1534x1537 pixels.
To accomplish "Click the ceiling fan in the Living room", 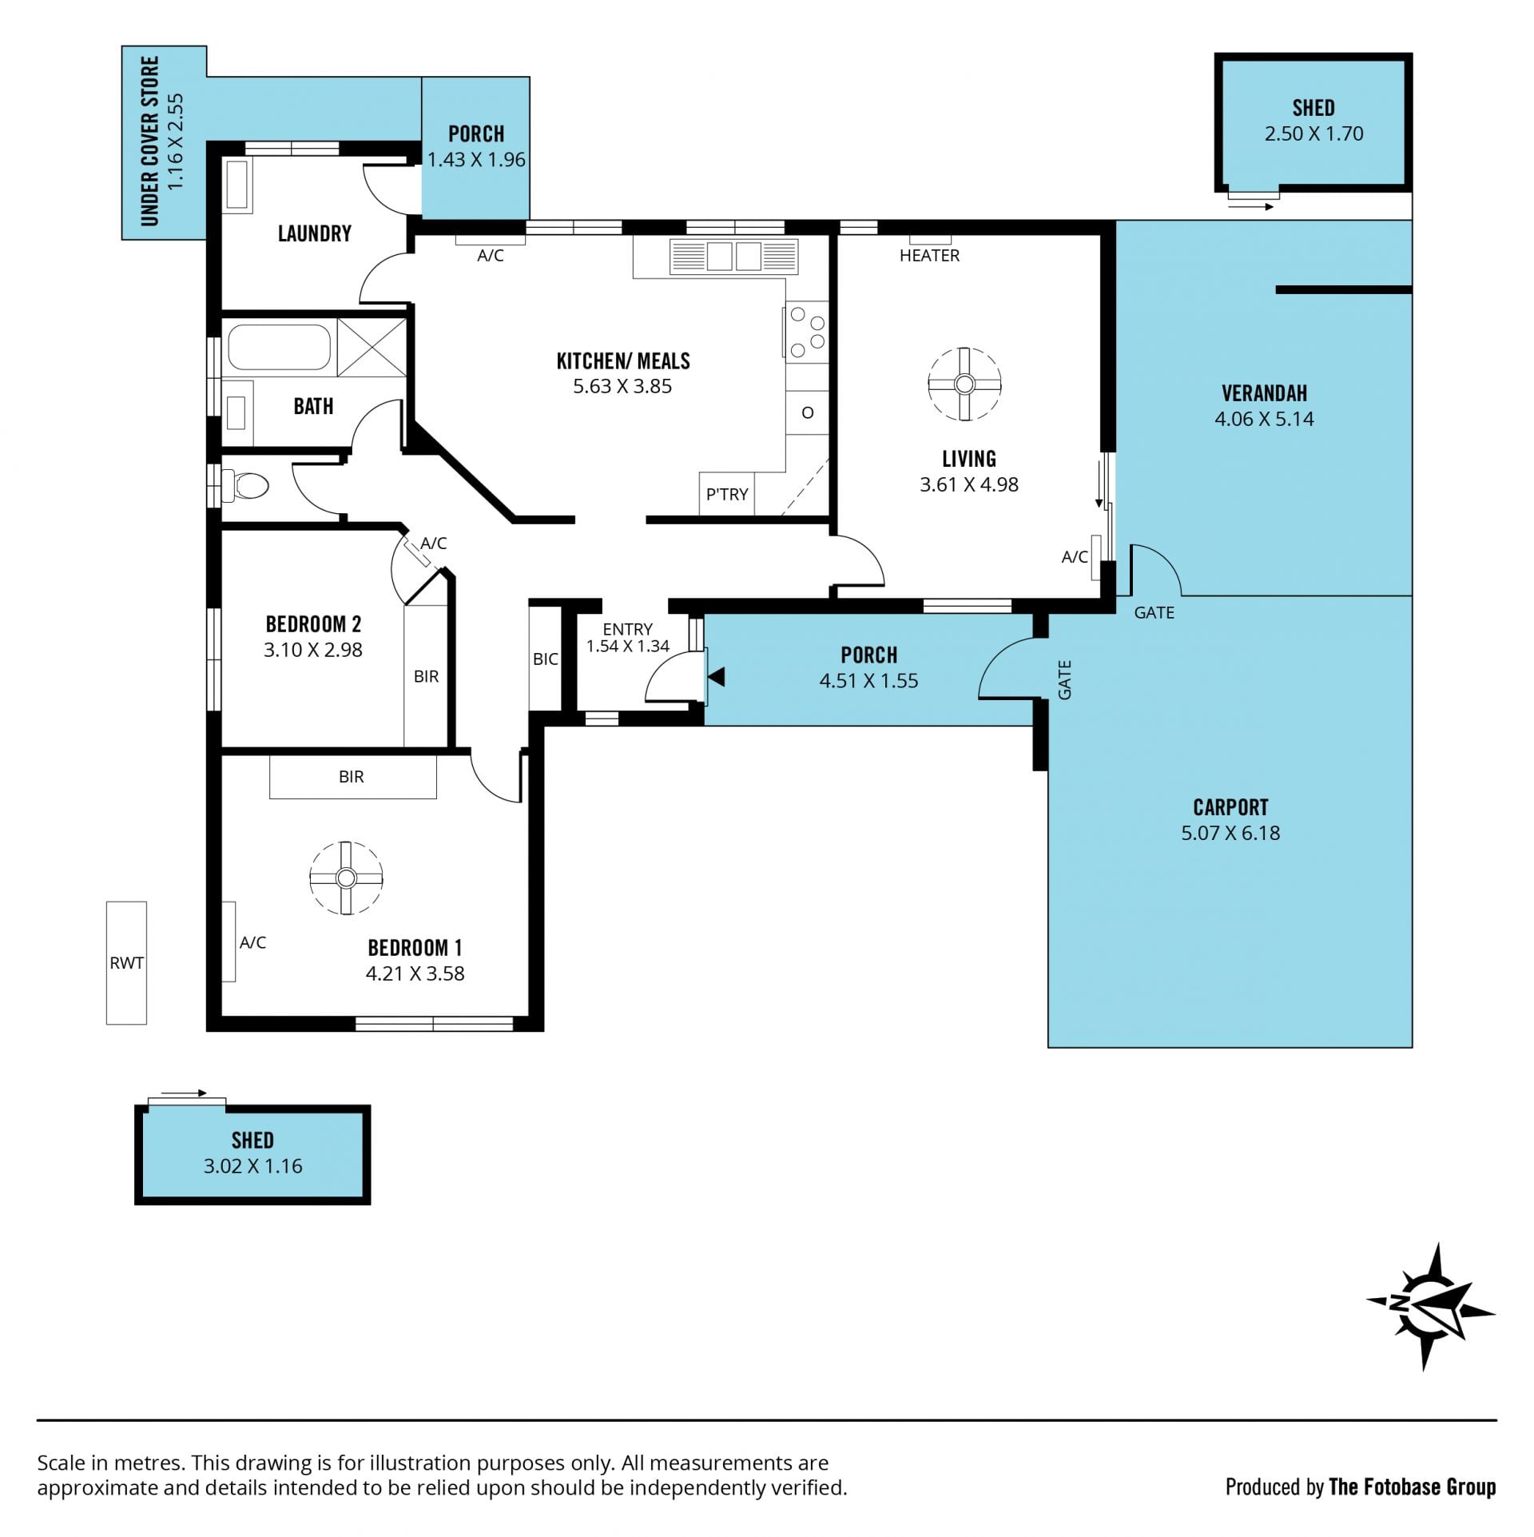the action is (x=964, y=384).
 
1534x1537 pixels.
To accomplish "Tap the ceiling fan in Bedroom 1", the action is (x=346, y=878).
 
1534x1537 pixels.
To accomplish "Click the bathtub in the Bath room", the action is (x=279, y=346).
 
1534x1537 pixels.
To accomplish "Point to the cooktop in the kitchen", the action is (x=806, y=332).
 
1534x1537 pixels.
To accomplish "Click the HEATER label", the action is (x=929, y=256).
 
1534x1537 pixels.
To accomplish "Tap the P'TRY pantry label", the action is (x=727, y=494).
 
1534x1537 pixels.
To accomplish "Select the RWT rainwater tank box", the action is (x=126, y=962).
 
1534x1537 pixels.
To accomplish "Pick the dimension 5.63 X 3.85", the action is (x=622, y=386).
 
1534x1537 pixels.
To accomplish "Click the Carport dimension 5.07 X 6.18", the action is (x=1230, y=833).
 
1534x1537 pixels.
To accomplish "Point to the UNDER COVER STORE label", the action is (x=151, y=141).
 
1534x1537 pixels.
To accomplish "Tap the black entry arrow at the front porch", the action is (x=717, y=677).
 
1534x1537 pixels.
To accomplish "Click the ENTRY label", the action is (x=627, y=629).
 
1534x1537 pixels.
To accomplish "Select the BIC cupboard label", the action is (x=546, y=659).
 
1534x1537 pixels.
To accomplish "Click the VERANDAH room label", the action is (x=1264, y=393).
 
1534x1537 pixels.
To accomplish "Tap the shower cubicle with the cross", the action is (x=372, y=347).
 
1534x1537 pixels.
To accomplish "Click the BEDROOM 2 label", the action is (x=313, y=623).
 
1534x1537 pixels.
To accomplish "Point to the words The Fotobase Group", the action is (x=1413, y=1487).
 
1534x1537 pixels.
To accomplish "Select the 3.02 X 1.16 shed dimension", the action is (x=252, y=1166).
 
